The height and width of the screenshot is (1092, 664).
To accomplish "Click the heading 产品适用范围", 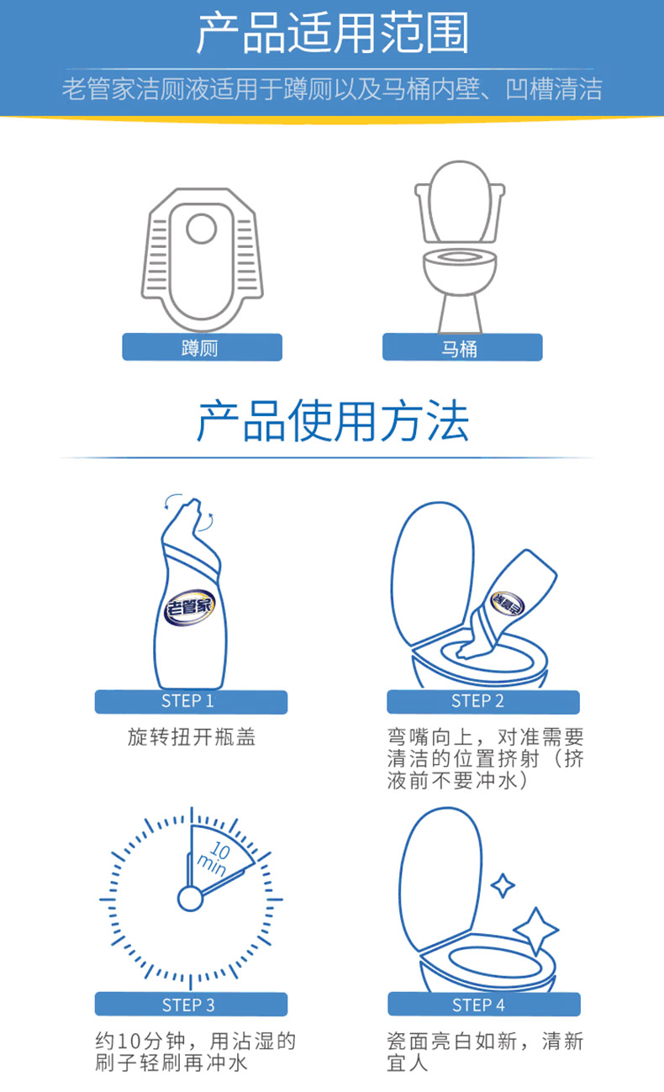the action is (333, 33).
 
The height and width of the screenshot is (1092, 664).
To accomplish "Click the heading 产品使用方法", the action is (333, 420).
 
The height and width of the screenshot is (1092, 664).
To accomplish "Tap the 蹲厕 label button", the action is (202, 347).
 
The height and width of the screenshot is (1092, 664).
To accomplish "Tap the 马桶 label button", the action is (462, 347).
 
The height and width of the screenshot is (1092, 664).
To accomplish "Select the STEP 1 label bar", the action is (191, 702).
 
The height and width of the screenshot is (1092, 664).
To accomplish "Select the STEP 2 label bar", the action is (483, 702).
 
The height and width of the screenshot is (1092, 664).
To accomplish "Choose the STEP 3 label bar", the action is (191, 1005).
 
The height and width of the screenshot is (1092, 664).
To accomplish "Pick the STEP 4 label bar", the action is (484, 1005).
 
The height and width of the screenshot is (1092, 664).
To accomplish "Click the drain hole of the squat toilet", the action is (202, 228).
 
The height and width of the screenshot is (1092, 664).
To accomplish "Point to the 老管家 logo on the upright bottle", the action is (189, 607).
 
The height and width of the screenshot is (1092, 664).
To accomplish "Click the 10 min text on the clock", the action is (214, 859).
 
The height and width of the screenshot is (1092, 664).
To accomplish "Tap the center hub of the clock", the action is (190, 899).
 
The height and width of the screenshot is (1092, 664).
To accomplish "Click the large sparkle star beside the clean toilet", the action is (535, 930).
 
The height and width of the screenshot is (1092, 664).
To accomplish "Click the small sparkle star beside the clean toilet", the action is (503, 885).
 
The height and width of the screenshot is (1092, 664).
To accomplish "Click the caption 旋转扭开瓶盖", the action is (192, 737).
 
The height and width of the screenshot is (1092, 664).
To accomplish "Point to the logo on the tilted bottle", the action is (508, 604).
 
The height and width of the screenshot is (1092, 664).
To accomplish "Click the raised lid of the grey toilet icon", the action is (460, 201).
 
